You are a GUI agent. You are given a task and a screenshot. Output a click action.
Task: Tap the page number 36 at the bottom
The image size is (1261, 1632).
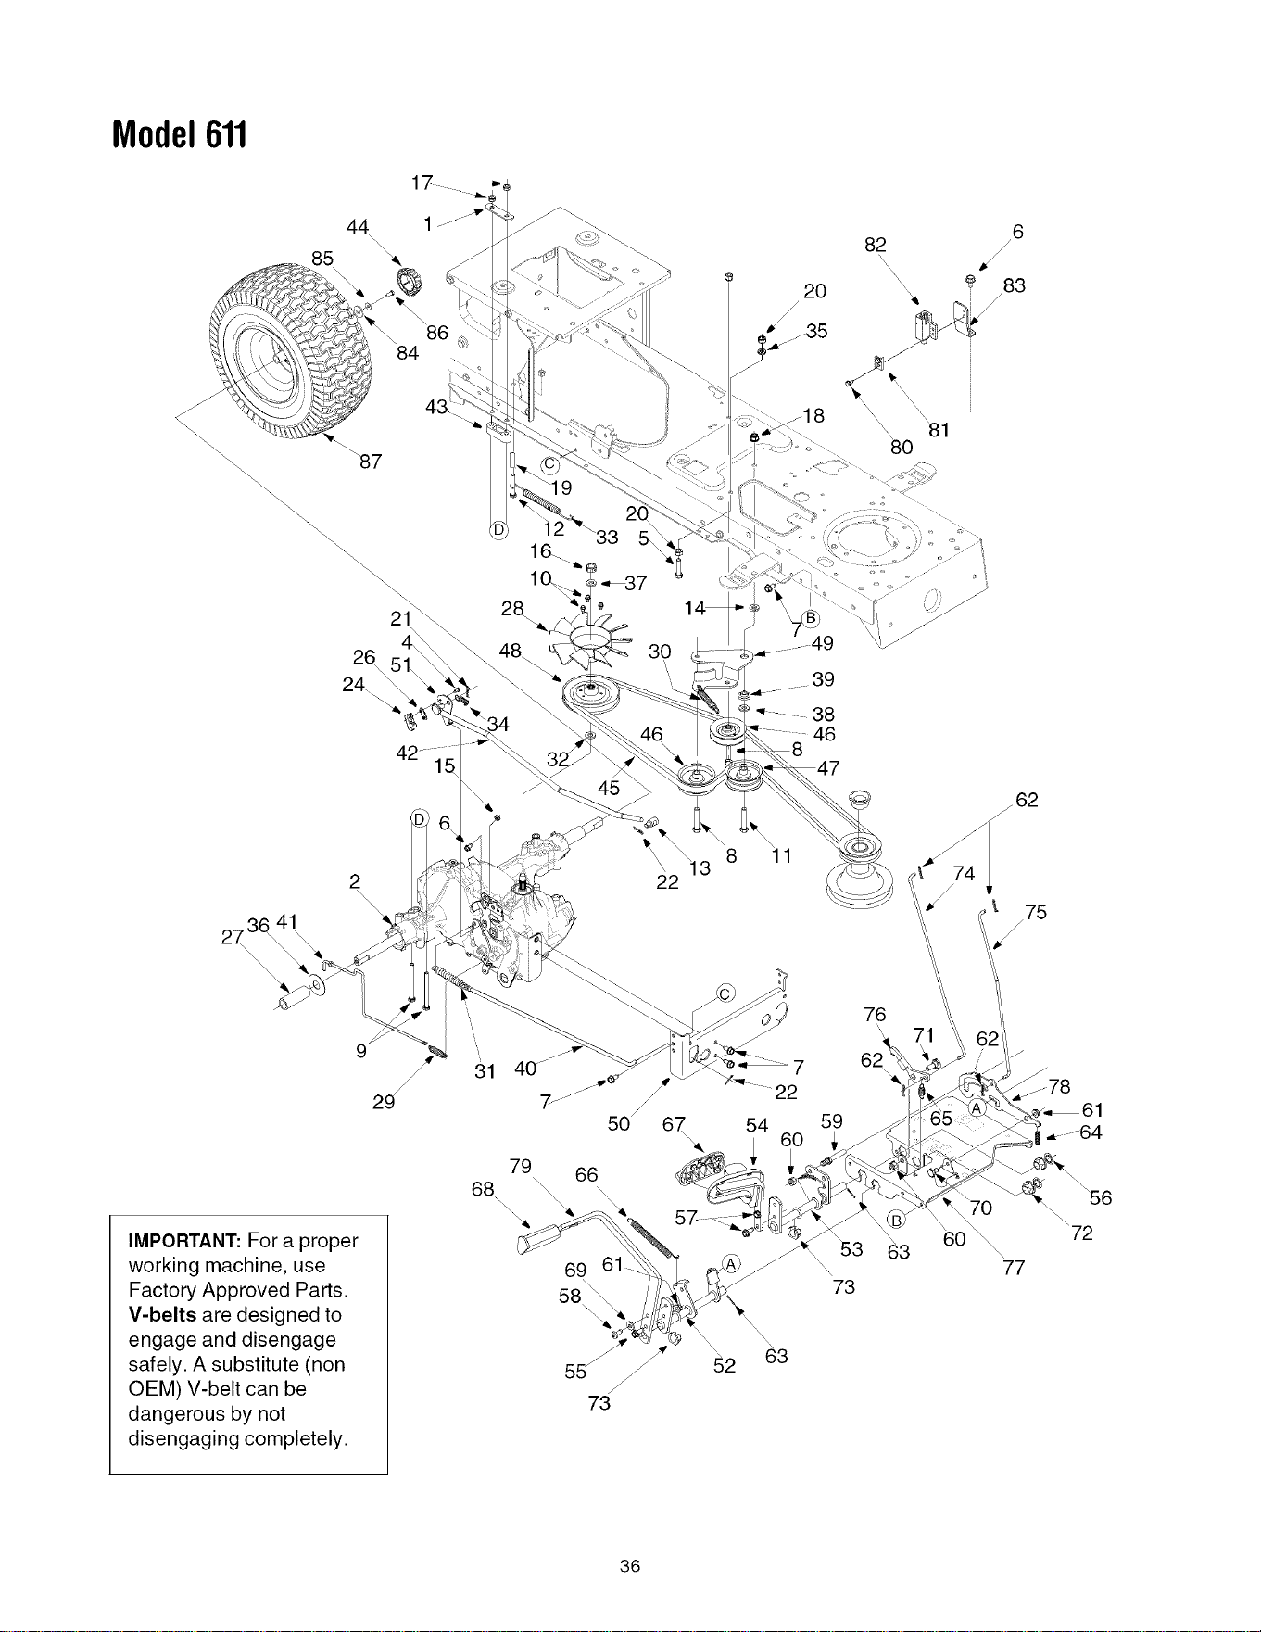coord(630,1566)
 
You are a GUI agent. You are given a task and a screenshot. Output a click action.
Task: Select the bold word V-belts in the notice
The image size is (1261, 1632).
coord(162,1314)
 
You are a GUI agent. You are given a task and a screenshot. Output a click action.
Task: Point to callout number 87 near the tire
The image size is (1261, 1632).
coord(370,462)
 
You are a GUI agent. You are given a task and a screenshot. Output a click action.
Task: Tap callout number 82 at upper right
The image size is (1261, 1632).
coord(876,245)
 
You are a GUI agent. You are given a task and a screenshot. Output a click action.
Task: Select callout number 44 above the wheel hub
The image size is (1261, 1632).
coord(358,227)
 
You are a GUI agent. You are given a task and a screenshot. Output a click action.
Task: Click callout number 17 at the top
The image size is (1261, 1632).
coord(422,183)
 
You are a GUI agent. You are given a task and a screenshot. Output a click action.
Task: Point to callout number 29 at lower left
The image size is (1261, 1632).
coord(384,1102)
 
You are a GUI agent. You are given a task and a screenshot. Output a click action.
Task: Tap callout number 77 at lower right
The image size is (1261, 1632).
coord(1014,1267)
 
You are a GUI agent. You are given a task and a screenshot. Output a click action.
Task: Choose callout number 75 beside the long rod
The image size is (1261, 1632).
coord(1036,912)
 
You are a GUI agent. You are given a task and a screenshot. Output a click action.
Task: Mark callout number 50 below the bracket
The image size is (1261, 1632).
coord(618,1124)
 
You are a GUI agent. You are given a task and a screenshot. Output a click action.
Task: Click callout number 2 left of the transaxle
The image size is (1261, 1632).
coord(355,880)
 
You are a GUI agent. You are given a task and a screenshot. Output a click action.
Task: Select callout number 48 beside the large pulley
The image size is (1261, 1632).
coord(510,651)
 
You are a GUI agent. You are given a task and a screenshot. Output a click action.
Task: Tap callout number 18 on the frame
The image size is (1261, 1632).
coord(813,416)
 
